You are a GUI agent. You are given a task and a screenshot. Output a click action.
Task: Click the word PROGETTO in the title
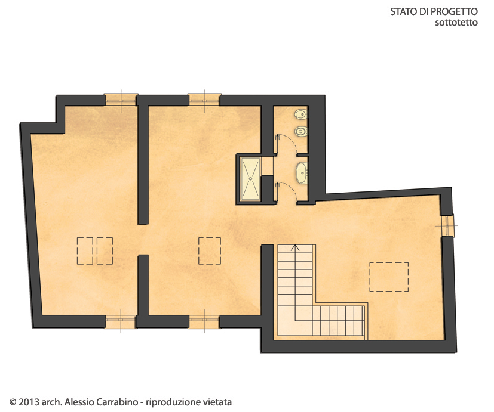coord(454,12)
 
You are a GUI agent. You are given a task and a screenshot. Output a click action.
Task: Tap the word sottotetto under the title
coord(456,23)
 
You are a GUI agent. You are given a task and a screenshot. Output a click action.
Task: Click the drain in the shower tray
coord(251,178)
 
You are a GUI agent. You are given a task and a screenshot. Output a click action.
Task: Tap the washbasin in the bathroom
coord(302,173)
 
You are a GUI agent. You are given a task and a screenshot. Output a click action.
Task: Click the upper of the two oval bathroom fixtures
coord(301,114)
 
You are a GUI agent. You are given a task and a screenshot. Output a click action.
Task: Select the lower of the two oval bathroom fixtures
coord(301,131)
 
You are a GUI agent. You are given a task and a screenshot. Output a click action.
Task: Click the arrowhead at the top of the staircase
coord(295,247)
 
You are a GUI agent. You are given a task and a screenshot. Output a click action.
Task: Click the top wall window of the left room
coord(121,100)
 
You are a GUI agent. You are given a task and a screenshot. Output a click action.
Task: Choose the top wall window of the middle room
coord(204,100)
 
